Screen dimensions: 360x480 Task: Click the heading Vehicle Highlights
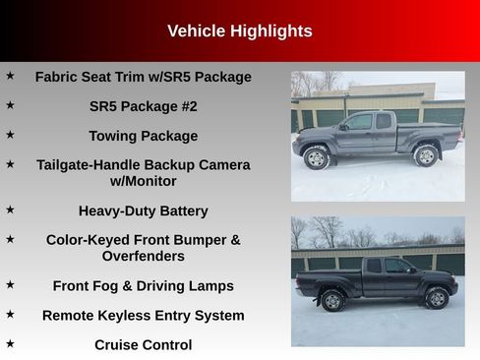coord(239,30)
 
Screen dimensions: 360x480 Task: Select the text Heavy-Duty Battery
coord(143,210)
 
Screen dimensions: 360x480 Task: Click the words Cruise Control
coord(143,344)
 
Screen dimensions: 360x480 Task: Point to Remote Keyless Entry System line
coord(143,315)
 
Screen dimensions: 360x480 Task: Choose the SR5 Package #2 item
coord(143,106)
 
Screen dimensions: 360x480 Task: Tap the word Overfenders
coord(143,256)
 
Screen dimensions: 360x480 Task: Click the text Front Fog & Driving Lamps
coord(143,285)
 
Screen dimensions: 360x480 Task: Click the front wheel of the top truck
coord(317,157)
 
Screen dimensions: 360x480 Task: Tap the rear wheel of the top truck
coord(426,155)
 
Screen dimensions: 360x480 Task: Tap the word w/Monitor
coord(143,181)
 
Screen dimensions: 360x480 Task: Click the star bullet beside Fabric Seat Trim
coord(10,75)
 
